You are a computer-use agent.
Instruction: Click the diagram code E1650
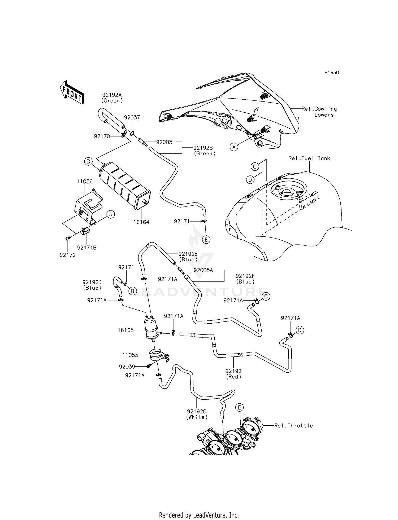pyautogui.click(x=331, y=73)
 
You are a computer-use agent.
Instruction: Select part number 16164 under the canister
pyautogui.click(x=141, y=222)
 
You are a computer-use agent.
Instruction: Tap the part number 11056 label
pyautogui.click(x=85, y=182)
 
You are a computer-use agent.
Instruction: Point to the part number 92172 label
pyautogui.click(x=68, y=255)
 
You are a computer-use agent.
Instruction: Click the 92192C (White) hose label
pyautogui.click(x=197, y=414)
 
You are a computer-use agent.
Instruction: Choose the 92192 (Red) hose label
pyautogui.click(x=233, y=374)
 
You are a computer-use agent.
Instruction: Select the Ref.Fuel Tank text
pyautogui.click(x=309, y=158)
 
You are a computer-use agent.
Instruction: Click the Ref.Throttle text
pyautogui.click(x=293, y=426)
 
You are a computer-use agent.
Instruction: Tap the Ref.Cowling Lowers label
pyautogui.click(x=319, y=112)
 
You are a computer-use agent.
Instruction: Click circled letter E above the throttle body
pyautogui.click(x=239, y=407)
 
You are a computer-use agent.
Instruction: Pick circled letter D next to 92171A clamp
pyautogui.click(x=300, y=330)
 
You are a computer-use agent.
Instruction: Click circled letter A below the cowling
pyautogui.click(x=234, y=147)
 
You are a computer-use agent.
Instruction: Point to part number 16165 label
pyautogui.click(x=126, y=330)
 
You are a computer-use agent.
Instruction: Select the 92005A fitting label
pyautogui.click(x=203, y=270)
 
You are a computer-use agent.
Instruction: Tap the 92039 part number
pyautogui.click(x=127, y=367)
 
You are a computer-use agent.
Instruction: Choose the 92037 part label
pyautogui.click(x=132, y=117)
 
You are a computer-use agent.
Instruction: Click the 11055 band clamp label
pyautogui.click(x=130, y=355)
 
